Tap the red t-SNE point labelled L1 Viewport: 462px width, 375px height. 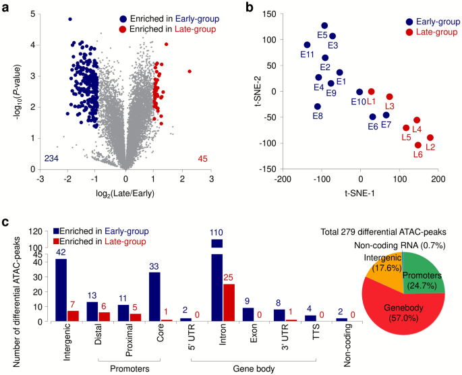pyautogui.click(x=371, y=92)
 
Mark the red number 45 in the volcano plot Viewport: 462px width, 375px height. pyautogui.click(x=203, y=158)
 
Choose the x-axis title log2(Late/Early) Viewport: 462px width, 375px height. pyautogui.click(x=125, y=196)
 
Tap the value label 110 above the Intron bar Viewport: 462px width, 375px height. pyautogui.click(x=217, y=231)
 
